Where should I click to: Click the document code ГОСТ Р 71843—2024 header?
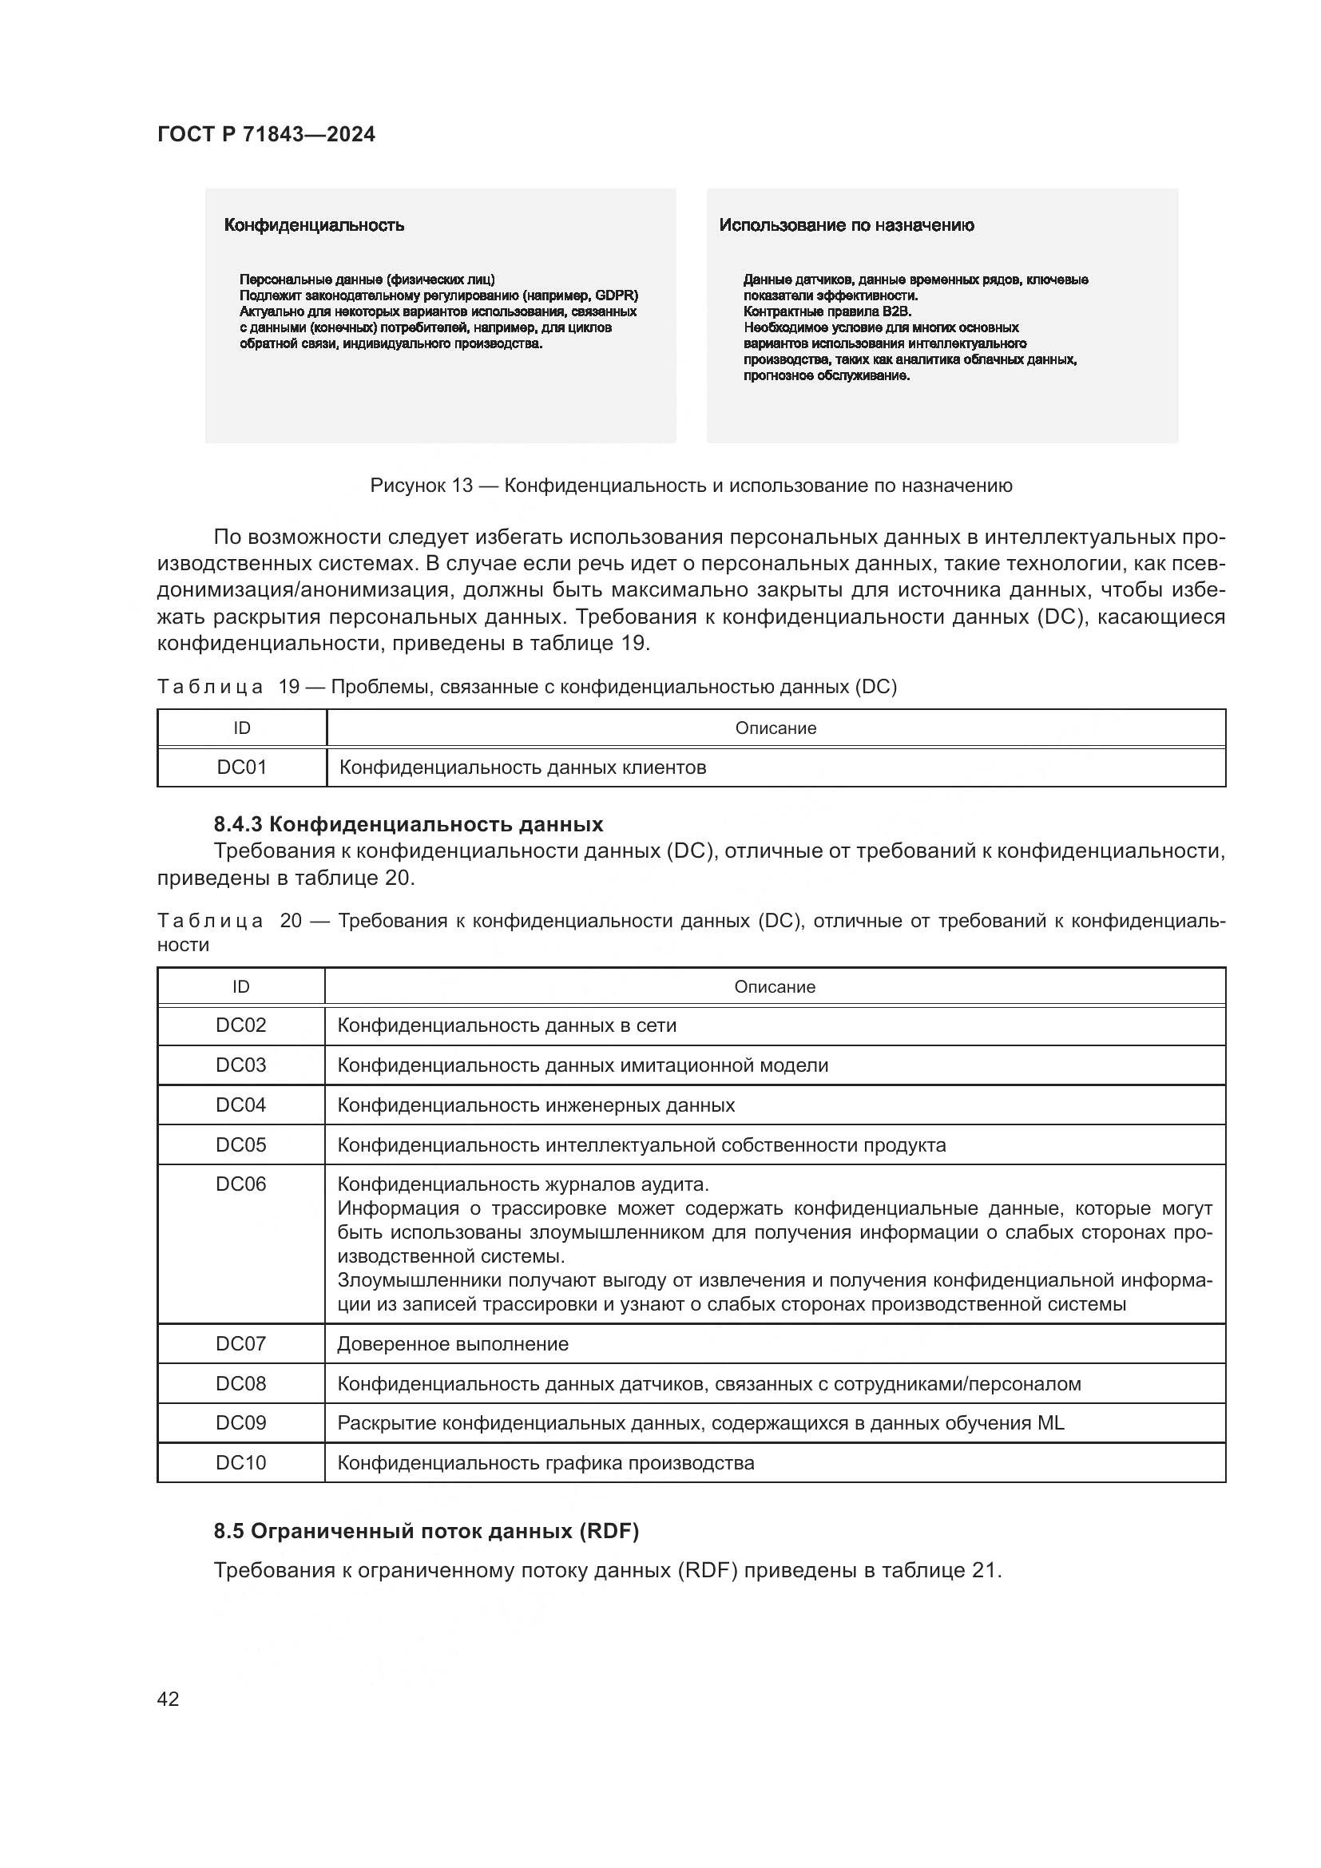(266, 135)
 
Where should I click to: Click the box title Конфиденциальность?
(314, 225)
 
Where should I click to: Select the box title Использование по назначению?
(846, 225)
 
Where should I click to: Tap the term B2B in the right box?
(896, 311)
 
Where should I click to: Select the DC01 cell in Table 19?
(241, 767)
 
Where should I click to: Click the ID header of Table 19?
(241, 728)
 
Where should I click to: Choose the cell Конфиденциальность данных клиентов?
(522, 767)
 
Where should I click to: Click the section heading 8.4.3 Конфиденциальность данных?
(408, 824)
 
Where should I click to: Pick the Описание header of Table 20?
(775, 987)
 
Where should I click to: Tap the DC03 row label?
(240, 1065)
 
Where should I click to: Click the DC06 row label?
(240, 1184)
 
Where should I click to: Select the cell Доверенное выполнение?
(452, 1344)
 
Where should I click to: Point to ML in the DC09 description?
(1050, 1423)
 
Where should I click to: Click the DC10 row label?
(240, 1463)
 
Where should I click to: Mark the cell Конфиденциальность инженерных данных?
(535, 1105)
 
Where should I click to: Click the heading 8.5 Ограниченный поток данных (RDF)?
(426, 1531)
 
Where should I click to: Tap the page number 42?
(168, 1699)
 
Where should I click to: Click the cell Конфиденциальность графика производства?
(545, 1463)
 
